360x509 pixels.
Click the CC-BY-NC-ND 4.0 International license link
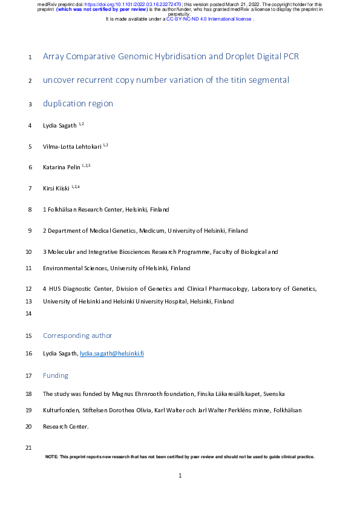point(209,19)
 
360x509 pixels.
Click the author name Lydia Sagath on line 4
point(59,126)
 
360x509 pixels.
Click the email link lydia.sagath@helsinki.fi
point(112,353)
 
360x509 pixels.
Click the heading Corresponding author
point(77,336)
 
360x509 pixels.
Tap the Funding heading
point(56,375)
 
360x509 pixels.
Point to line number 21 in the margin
point(28,447)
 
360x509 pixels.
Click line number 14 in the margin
point(28,314)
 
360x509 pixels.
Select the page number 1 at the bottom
point(180,476)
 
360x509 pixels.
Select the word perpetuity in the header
point(180,15)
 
